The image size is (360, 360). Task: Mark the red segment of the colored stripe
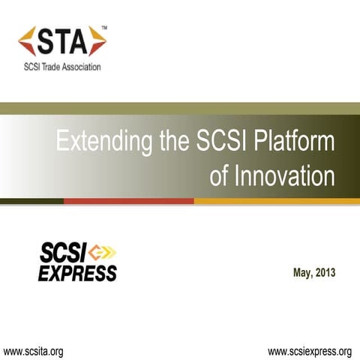128,201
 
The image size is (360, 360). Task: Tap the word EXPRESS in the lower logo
77,272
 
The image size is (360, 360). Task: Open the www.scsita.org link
34,350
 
